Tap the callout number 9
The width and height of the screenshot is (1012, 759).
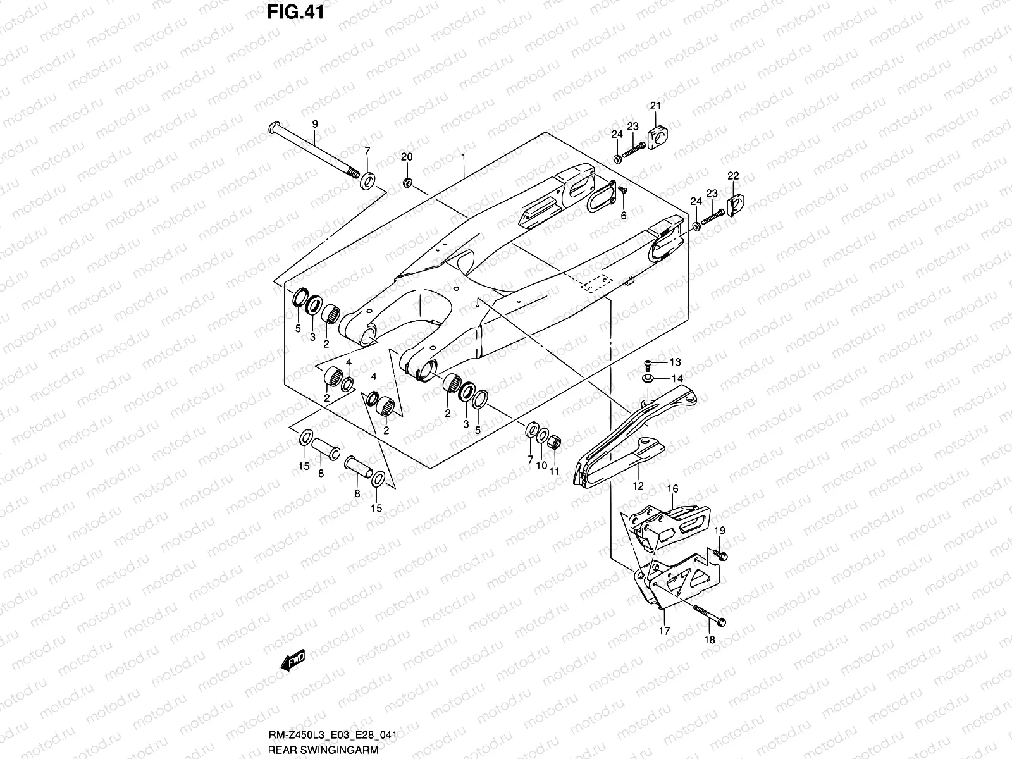point(314,125)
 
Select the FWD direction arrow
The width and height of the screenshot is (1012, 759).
point(292,662)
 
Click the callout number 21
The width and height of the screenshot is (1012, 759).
point(655,106)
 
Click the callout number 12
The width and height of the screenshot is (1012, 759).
point(638,486)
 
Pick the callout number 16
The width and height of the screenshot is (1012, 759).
point(672,489)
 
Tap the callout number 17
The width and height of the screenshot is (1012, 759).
point(663,631)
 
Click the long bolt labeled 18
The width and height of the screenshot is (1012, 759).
point(708,613)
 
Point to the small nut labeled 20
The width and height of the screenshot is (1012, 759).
point(407,183)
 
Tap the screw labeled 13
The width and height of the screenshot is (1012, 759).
point(648,364)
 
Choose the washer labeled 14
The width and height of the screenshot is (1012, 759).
point(648,378)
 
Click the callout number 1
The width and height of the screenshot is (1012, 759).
point(464,156)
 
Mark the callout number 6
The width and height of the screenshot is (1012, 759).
point(623,216)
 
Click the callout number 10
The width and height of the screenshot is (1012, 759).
point(541,466)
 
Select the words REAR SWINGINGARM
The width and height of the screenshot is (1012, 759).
point(323,751)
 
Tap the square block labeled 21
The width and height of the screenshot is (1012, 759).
point(658,135)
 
